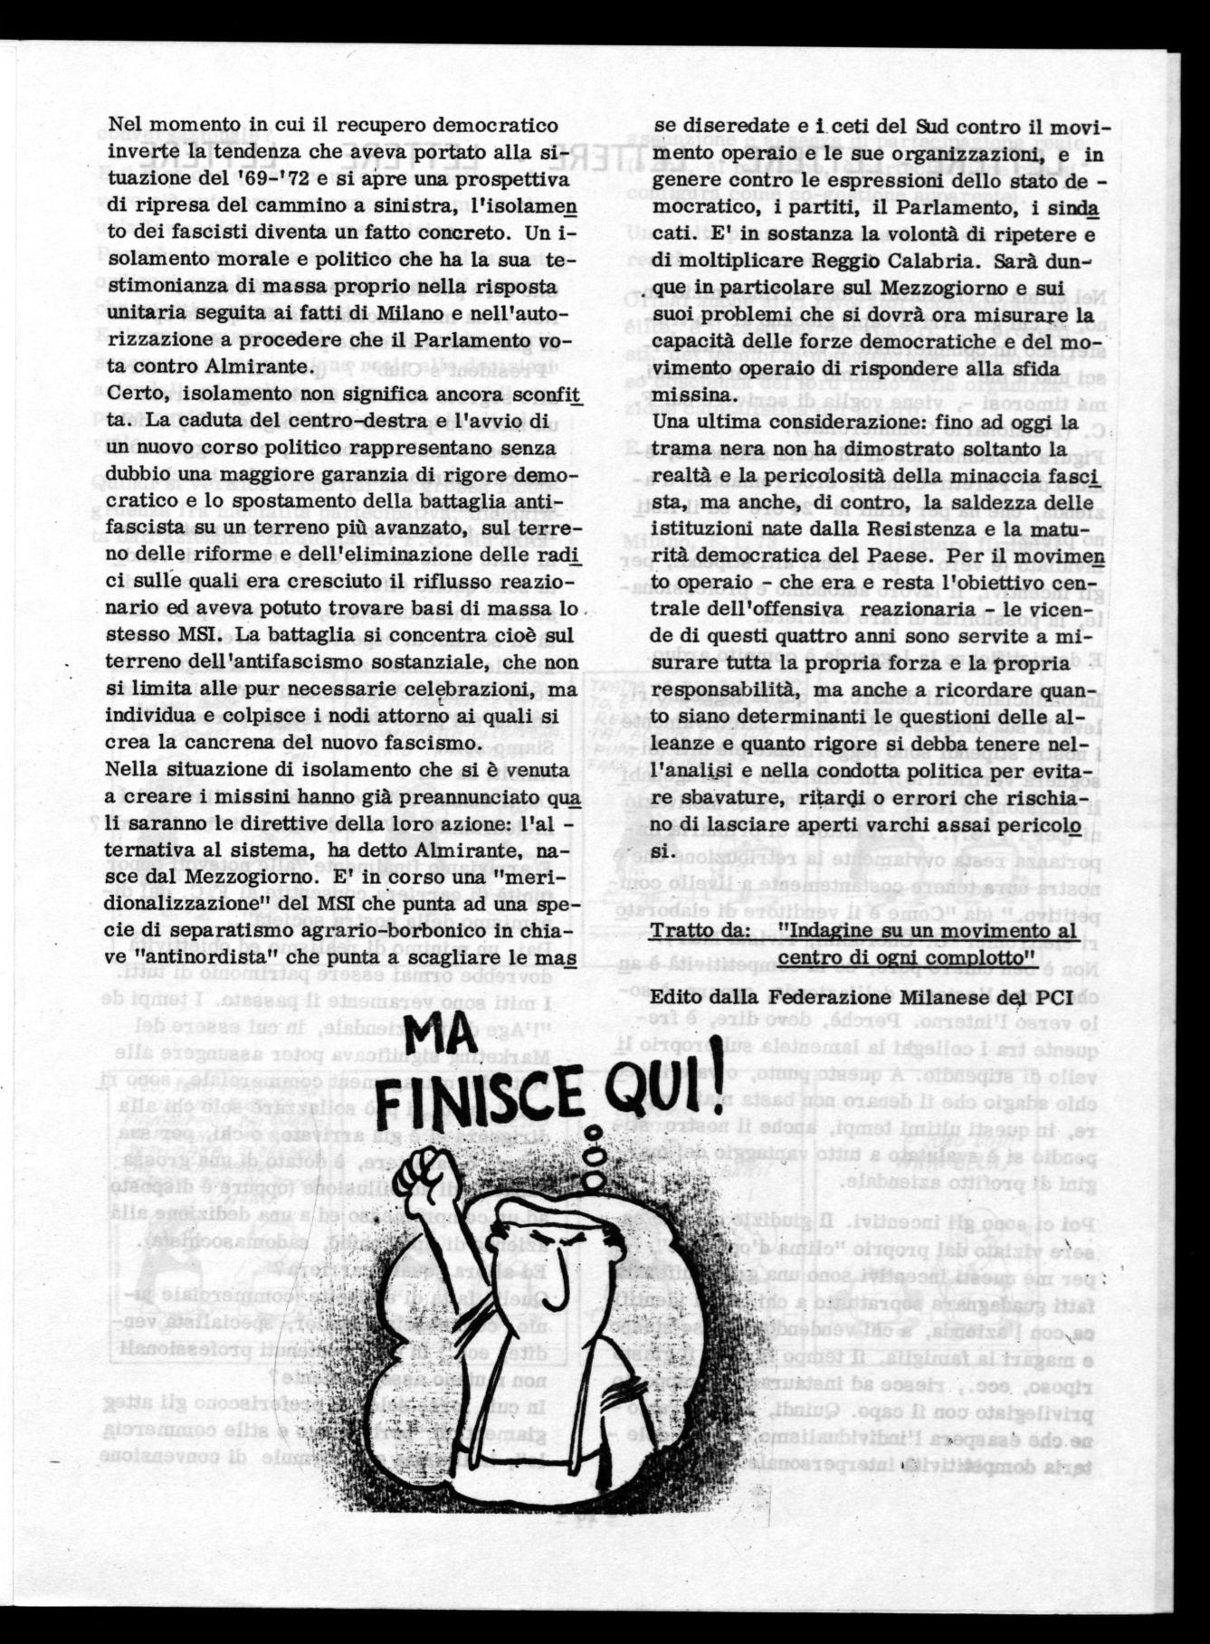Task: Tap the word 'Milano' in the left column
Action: [413, 313]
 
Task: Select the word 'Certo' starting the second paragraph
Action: [136, 394]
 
